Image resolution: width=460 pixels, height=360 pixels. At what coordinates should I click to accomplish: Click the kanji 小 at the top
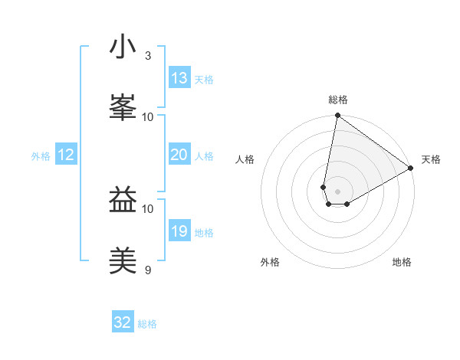(123, 47)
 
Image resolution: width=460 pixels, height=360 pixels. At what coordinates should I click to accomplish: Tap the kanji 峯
(123, 106)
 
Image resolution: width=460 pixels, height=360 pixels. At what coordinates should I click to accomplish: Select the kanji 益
(123, 201)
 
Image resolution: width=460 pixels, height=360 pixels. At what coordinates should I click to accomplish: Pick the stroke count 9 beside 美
(148, 270)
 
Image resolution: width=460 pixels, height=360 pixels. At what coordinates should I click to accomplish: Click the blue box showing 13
(179, 78)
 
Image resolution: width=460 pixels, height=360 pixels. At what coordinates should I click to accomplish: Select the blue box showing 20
(179, 155)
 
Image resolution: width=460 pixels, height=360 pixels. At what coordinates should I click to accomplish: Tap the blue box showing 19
(179, 231)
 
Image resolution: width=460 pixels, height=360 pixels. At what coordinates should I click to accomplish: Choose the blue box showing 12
(66, 155)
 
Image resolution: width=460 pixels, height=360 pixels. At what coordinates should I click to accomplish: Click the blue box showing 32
(123, 322)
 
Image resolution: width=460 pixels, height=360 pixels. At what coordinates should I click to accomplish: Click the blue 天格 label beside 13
(204, 80)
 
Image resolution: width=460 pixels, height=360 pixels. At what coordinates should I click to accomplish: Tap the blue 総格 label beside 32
(147, 324)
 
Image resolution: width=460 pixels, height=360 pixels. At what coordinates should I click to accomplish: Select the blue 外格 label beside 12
(41, 156)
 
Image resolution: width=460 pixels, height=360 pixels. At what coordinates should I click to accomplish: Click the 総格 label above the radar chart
(338, 100)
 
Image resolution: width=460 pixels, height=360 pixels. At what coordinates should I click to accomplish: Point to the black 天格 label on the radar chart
(431, 159)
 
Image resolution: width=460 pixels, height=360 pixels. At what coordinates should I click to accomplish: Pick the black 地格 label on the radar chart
(402, 262)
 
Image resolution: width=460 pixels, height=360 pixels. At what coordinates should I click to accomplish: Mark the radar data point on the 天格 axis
(412, 169)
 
